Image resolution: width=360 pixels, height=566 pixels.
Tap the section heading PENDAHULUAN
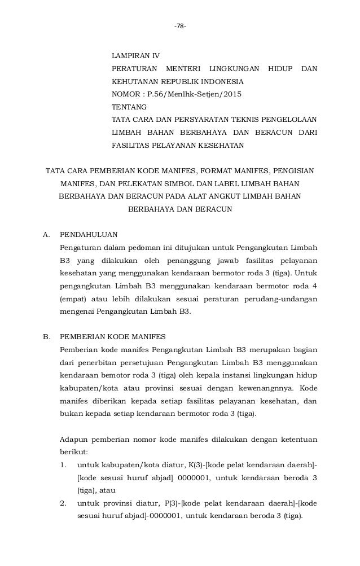tap(89, 234)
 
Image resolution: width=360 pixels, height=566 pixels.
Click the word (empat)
tap(72, 298)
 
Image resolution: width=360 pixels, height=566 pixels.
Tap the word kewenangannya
tap(266, 388)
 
